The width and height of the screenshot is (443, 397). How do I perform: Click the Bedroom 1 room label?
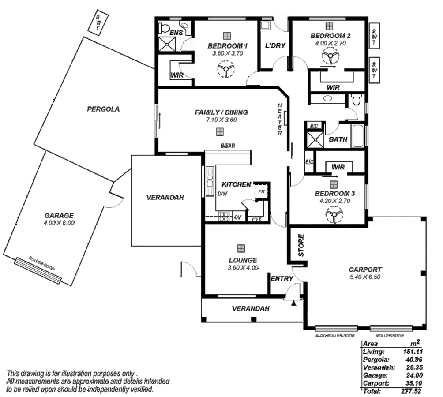coord(227,46)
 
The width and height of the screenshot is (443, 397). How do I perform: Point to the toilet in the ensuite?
coord(164,28)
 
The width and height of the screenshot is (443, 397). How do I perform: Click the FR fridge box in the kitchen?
coord(261,192)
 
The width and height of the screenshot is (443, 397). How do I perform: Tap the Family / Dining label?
coord(221,113)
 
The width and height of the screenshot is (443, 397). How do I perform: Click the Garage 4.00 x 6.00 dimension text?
coord(59,223)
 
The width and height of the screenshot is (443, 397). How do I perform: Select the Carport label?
coord(365,270)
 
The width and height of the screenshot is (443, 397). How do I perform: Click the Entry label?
coord(282,278)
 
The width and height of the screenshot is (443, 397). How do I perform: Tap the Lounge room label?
coord(243,260)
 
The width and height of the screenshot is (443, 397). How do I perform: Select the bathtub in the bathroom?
coord(358,136)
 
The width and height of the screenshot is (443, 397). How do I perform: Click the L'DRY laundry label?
coord(275,45)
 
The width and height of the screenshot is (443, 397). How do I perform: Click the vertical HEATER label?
coord(280,119)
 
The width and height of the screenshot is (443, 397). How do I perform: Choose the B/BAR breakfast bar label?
coord(228,146)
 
